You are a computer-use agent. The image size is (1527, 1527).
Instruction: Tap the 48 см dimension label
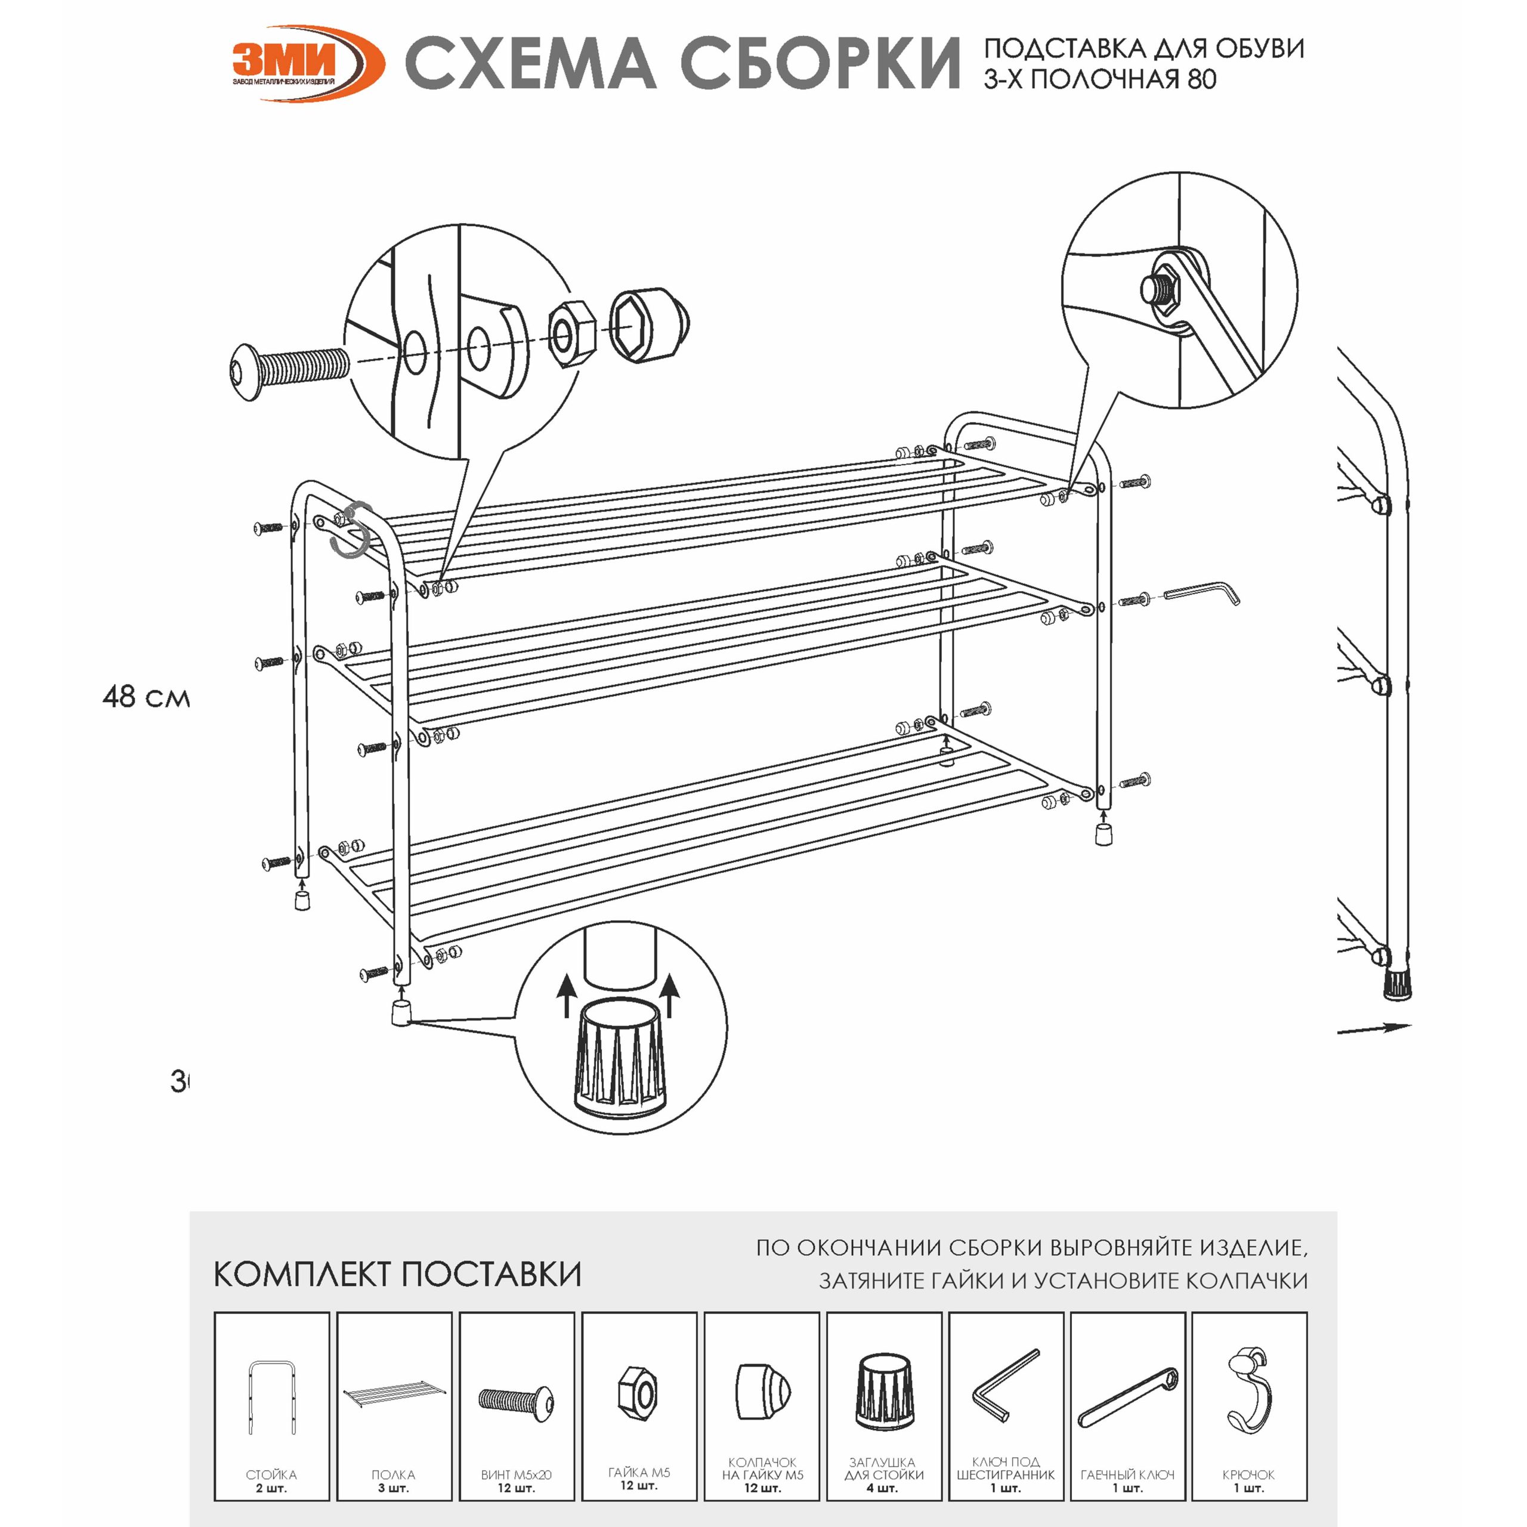click(146, 696)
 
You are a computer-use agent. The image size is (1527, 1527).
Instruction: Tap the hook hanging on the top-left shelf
click(353, 530)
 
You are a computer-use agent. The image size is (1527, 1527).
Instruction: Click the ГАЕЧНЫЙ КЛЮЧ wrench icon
click(1128, 1398)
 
